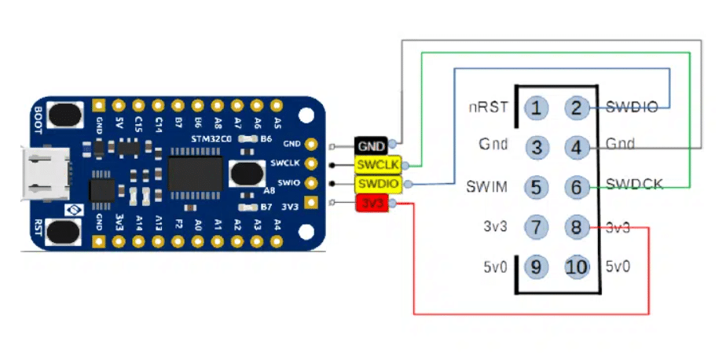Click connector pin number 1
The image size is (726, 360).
537,108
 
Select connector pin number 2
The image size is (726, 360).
577,108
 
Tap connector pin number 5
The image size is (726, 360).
537,187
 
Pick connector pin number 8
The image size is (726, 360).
577,228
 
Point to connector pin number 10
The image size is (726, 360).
577,267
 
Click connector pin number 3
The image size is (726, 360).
537,147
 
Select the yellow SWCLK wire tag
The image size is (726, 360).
378,164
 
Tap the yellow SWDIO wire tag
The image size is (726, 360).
378,184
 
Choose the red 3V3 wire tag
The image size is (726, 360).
371,204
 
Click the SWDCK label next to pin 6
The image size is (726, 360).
635,186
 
